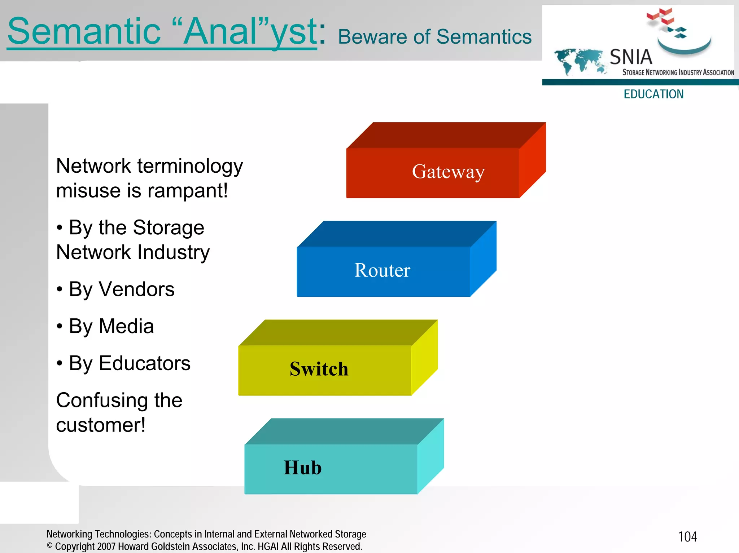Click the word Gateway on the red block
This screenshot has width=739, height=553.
(x=448, y=172)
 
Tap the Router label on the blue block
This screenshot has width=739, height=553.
(x=382, y=270)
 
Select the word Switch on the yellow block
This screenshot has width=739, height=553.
(x=319, y=369)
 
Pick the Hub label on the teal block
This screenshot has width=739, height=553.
(x=302, y=468)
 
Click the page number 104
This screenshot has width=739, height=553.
(x=687, y=537)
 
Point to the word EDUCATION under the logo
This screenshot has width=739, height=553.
(x=653, y=94)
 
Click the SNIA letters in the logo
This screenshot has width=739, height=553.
(x=631, y=57)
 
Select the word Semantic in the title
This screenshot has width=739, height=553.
(x=84, y=32)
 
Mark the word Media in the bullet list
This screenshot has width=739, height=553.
(x=126, y=326)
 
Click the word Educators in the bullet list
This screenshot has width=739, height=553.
(x=144, y=363)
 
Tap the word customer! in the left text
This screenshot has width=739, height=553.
(x=101, y=425)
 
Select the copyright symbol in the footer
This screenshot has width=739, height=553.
(x=50, y=546)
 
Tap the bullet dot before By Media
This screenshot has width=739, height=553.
(x=60, y=326)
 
